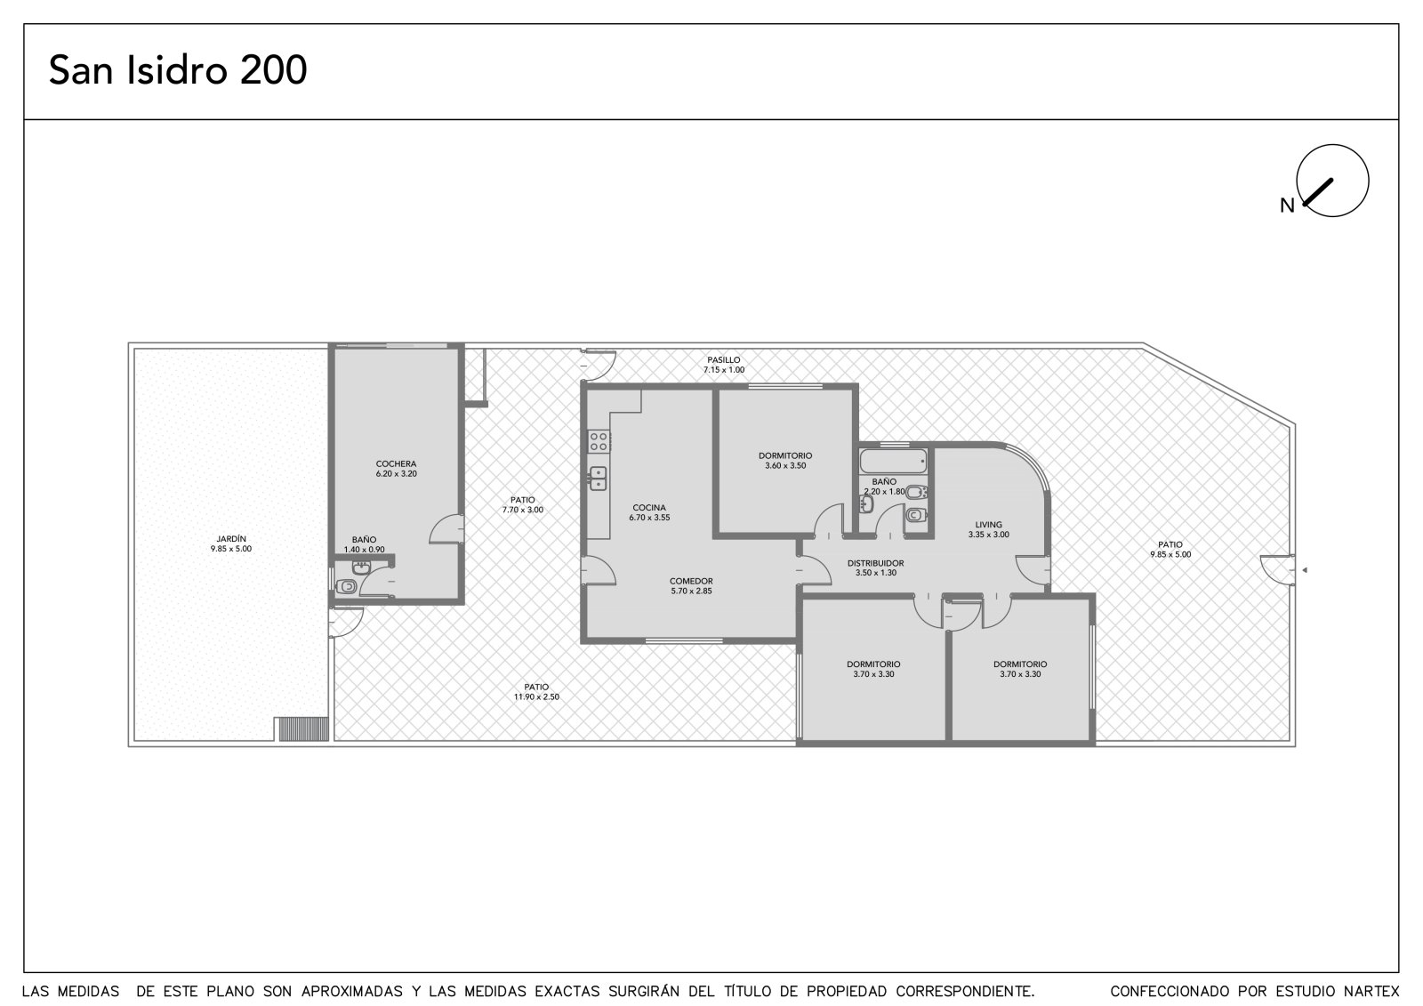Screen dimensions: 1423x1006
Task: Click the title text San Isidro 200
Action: (x=178, y=70)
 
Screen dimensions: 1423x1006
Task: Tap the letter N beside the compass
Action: (x=1287, y=205)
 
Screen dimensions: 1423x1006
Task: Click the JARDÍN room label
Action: (x=231, y=539)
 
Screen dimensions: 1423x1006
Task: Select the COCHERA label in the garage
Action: (x=396, y=464)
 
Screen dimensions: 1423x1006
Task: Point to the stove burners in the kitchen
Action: (x=599, y=441)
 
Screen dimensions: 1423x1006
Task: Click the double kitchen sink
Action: (x=598, y=479)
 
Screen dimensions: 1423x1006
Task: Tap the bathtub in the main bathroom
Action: (x=893, y=462)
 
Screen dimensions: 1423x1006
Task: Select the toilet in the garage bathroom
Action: (x=346, y=586)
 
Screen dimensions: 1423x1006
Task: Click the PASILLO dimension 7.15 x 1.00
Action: (x=724, y=370)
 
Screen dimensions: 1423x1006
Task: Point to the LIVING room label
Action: (x=988, y=524)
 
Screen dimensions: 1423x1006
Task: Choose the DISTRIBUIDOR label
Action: (x=875, y=563)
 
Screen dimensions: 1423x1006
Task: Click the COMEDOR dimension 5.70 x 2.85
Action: (x=691, y=591)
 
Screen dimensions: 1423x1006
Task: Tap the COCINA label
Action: (x=649, y=508)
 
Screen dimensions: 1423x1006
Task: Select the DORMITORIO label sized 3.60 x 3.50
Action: (x=785, y=455)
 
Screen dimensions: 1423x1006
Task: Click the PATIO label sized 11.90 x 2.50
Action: (x=536, y=687)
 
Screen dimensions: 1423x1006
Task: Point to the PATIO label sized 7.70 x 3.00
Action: (x=522, y=500)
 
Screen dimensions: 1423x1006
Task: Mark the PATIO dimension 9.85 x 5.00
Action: (x=1170, y=554)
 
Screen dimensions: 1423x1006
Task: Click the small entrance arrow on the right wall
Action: (x=1304, y=570)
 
